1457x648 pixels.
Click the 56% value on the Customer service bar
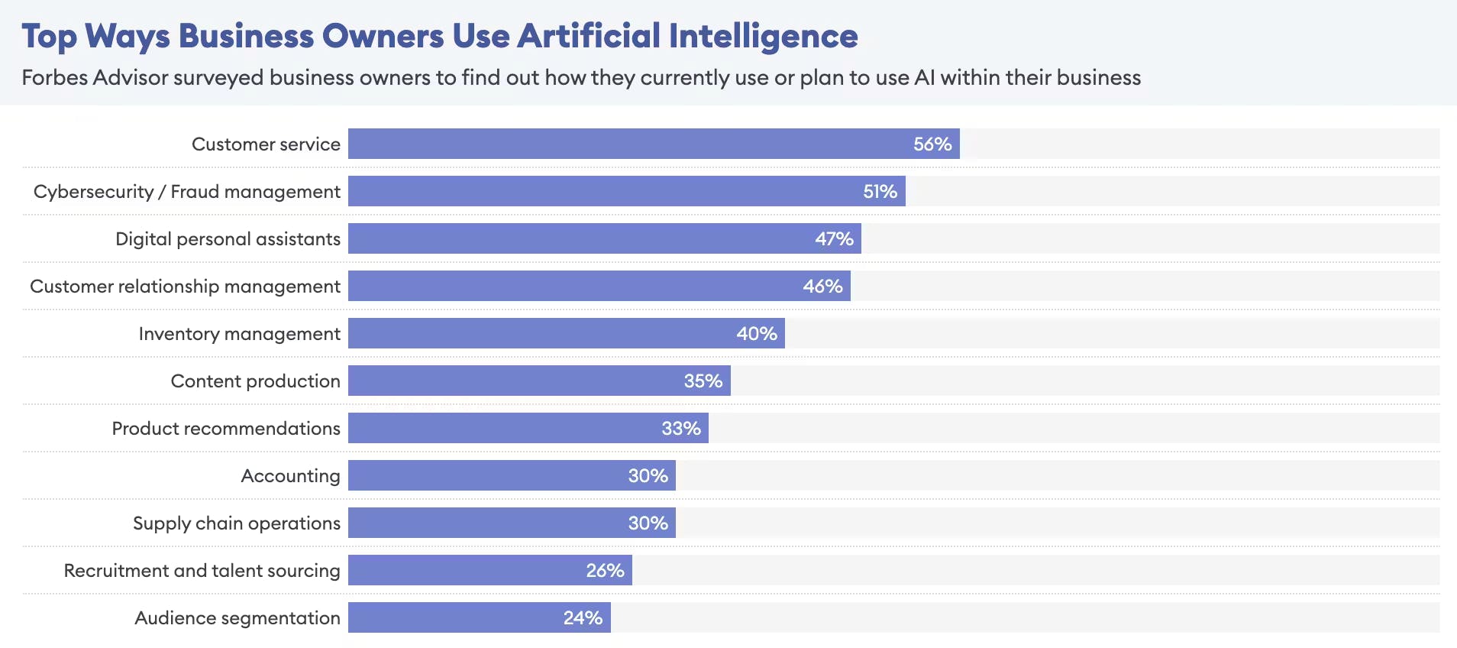pyautogui.click(x=932, y=144)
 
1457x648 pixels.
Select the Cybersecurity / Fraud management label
pyautogui.click(x=187, y=192)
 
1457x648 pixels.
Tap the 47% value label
pyautogui.click(x=834, y=239)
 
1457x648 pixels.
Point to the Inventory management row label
pyautogui.click(x=239, y=334)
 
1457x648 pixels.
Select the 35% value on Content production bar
pyautogui.click(x=703, y=381)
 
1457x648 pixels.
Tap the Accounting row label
pyautogui.click(x=290, y=476)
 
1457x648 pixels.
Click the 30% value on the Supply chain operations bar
pyautogui.click(x=648, y=523)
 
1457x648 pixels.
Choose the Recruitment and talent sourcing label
pyautogui.click(x=202, y=571)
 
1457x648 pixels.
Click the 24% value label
pyautogui.click(x=583, y=618)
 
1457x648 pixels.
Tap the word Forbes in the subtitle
pyautogui.click(x=54, y=78)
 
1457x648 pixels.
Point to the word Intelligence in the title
pyautogui.click(x=763, y=36)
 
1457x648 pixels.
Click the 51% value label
pyautogui.click(x=880, y=192)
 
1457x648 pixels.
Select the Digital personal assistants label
pyautogui.click(x=228, y=239)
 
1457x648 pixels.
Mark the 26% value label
pyautogui.click(x=605, y=571)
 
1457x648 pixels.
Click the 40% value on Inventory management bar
pyautogui.click(x=756, y=334)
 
